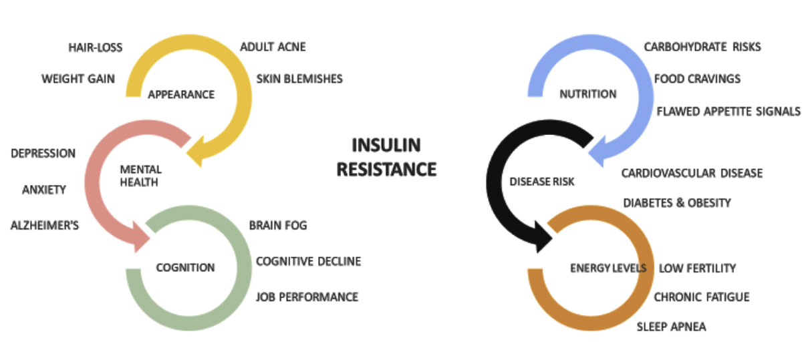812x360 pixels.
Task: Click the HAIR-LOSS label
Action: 96,47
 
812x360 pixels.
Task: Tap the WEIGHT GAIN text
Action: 78,79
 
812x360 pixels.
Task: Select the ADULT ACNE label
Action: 273,47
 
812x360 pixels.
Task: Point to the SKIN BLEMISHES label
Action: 299,79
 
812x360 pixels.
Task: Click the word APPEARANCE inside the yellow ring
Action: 181,95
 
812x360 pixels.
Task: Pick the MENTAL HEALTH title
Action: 140,176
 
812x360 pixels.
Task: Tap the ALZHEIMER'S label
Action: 45,225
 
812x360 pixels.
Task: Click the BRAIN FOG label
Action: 277,225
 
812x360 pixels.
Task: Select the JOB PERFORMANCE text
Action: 307,297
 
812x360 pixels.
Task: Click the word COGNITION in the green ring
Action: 185,268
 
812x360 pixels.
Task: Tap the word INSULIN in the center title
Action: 386,145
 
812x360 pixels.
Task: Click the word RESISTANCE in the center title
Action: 386,170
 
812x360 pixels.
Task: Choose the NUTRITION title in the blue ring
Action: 587,94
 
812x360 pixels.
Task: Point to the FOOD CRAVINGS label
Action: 697,79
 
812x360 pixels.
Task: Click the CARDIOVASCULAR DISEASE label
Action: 692,173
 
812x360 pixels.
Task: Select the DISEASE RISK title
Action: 541,182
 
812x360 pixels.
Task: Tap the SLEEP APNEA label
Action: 671,327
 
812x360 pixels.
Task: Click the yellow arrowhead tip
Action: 186,154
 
